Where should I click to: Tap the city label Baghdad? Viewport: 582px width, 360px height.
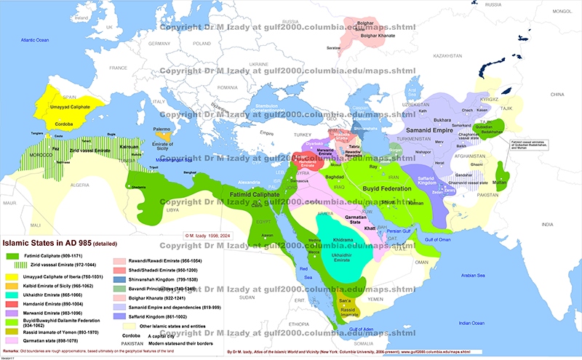(x=335, y=177)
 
